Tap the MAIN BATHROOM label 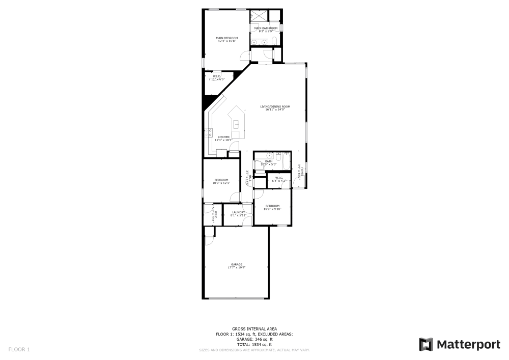click(266, 28)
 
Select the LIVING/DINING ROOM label click(275, 106)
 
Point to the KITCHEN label click(223, 137)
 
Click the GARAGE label click(236, 264)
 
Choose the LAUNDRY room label click(238, 212)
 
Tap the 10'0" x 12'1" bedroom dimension click(221, 182)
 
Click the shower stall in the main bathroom click(259, 15)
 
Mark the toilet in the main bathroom click(274, 40)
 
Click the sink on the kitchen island click(236, 123)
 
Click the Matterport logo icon click(426, 344)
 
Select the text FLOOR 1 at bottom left click(19, 349)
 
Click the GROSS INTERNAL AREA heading click(254, 329)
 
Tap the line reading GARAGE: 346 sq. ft click(254, 339)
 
